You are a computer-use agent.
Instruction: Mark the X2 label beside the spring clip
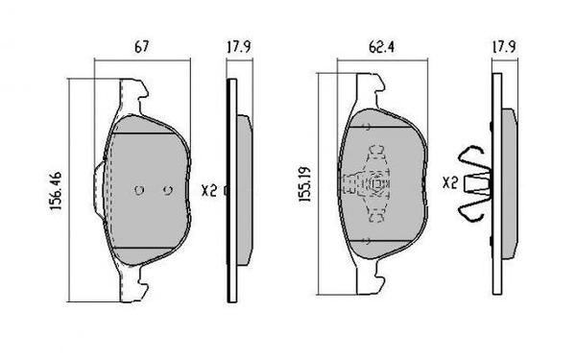[x=449, y=181]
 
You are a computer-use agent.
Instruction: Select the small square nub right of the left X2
[x=224, y=190]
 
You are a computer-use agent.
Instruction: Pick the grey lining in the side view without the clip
[x=242, y=188]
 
